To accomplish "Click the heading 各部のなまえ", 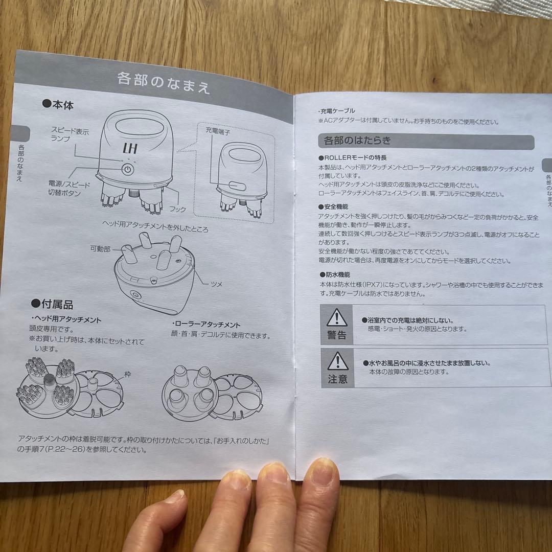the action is pyautogui.click(x=164, y=83).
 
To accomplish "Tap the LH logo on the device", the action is pyautogui.click(x=130, y=148).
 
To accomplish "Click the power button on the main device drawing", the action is pyautogui.click(x=128, y=170).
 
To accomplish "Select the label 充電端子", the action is pyautogui.click(x=218, y=131).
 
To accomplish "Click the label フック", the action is pyautogui.click(x=177, y=209).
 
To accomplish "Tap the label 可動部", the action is pyautogui.click(x=100, y=248).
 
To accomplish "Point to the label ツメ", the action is pyautogui.click(x=217, y=284).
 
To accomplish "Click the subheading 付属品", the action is pyautogui.click(x=52, y=304).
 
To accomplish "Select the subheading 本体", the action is pyautogui.click(x=58, y=104).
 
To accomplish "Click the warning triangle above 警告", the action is pyautogui.click(x=337, y=317).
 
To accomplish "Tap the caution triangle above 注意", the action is pyautogui.click(x=338, y=361).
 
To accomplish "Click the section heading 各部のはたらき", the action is pyautogui.click(x=357, y=141).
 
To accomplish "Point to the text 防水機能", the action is pyautogui.click(x=335, y=274).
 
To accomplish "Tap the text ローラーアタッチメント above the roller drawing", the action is pyautogui.click(x=206, y=324).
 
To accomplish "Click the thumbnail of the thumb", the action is pyautogui.click(x=175, y=496).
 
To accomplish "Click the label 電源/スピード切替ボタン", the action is pyautogui.click(x=69, y=188).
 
